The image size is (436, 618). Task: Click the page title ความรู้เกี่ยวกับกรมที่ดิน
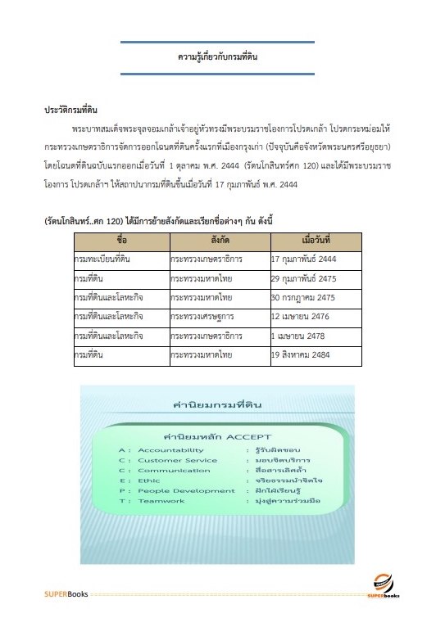[x=217, y=58]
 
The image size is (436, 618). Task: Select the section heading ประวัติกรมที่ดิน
[x=71, y=109]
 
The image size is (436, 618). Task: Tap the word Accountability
[x=170, y=450]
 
